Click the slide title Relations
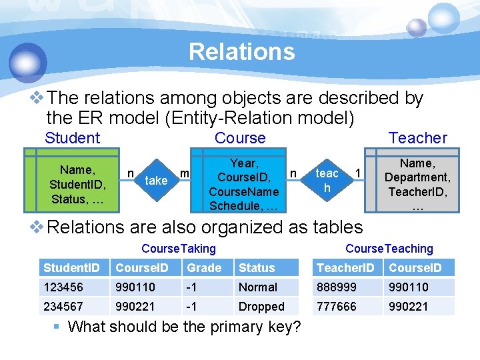(241, 51)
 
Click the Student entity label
(72, 138)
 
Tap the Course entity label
(240, 138)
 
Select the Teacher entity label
(418, 138)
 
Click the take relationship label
(156, 180)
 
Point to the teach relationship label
(327, 181)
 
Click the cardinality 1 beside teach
(358, 173)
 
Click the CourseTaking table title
(179, 249)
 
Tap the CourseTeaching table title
(389, 249)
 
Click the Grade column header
(204, 268)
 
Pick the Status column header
(257, 268)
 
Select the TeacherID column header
(345, 268)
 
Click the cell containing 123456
(64, 287)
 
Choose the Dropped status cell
(261, 307)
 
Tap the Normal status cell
(258, 287)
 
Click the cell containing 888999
(337, 287)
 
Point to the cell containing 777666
(337, 307)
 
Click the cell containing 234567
(64, 307)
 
